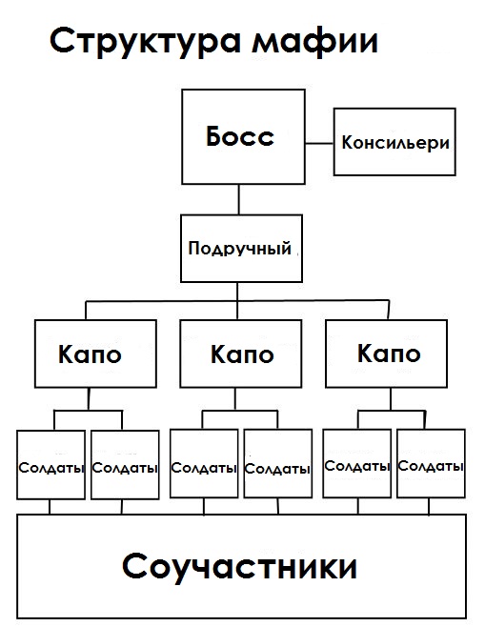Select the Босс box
pyautogui.click(x=239, y=137)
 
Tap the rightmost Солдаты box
pyautogui.click(x=431, y=465)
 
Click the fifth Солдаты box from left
pyautogui.click(x=356, y=465)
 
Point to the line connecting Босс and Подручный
pyautogui.click(x=239, y=200)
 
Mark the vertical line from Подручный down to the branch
pyautogui.click(x=239, y=293)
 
